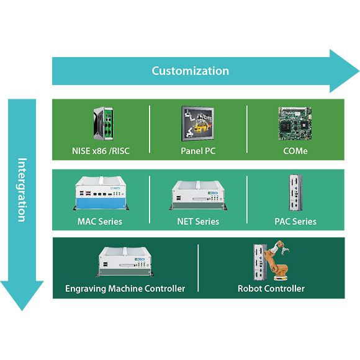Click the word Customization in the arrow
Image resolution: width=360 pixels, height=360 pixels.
[190, 71]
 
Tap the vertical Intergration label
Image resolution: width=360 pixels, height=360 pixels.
[22, 190]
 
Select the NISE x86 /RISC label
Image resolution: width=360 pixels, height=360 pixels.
[101, 151]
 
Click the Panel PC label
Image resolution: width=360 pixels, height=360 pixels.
[198, 151]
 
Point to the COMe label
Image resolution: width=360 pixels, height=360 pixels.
[295, 151]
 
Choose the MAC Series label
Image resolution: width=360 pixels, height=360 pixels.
[100, 222]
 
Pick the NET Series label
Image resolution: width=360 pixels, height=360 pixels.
[198, 222]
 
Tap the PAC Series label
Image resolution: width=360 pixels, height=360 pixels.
[295, 222]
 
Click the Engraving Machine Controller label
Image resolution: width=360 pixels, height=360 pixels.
[125, 289]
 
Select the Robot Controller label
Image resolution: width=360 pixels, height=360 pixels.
[271, 289]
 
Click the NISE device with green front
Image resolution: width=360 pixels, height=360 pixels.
[103, 124]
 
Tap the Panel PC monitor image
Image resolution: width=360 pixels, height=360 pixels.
[198, 124]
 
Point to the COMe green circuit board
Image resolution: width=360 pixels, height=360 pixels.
[295, 124]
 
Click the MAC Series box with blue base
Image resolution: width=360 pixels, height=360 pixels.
[101, 193]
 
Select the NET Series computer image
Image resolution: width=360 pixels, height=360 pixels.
[198, 196]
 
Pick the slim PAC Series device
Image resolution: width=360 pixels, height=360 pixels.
[295, 192]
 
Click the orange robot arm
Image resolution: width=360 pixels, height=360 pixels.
[277, 260]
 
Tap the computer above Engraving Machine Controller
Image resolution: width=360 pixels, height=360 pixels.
[125, 262]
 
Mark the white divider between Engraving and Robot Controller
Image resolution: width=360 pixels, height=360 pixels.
[198, 268]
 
